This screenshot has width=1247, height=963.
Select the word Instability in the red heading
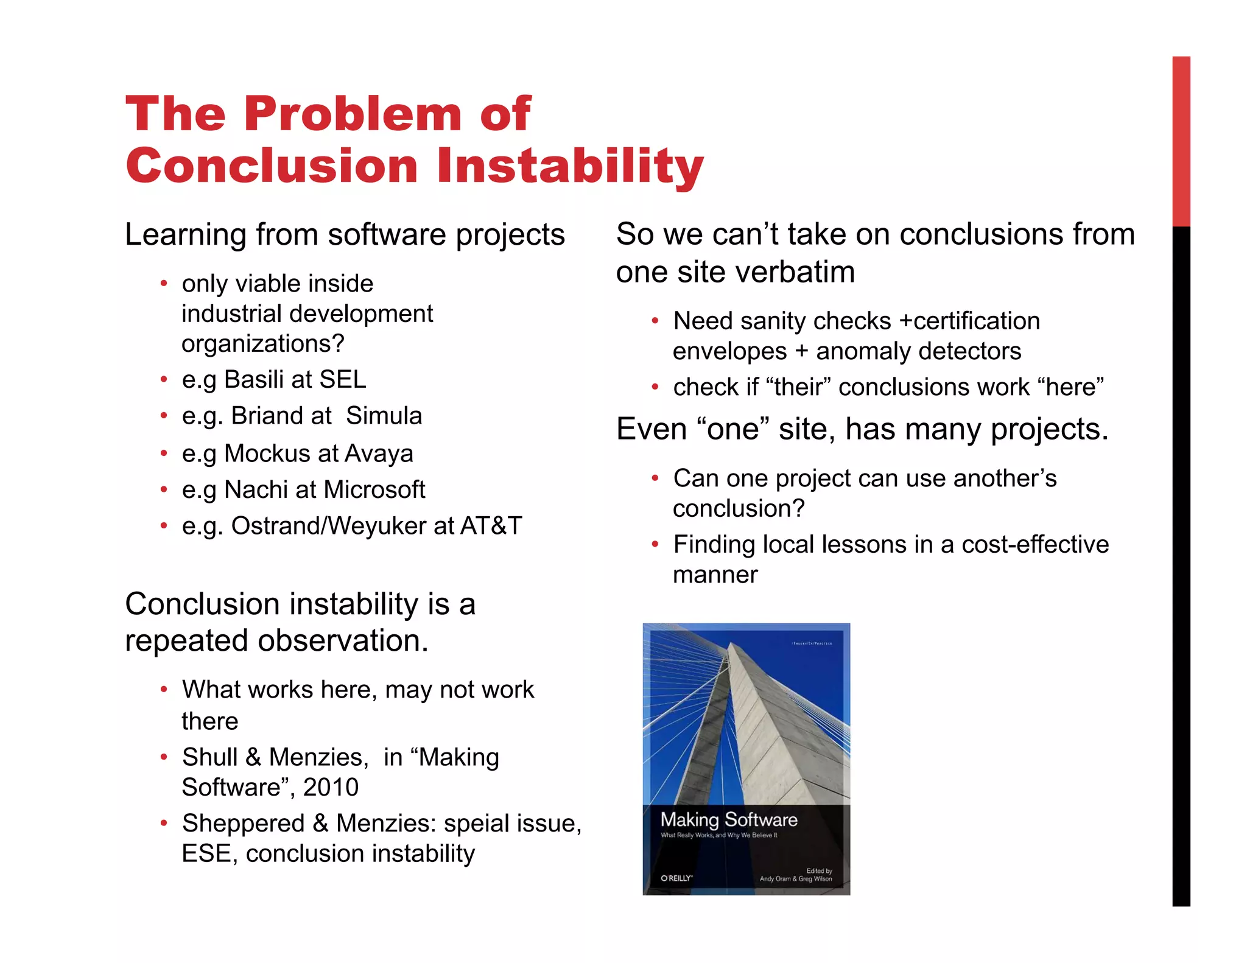point(570,166)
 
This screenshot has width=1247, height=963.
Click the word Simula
point(384,416)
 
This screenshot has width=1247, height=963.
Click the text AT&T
point(491,526)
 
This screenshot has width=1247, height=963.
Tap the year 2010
point(331,787)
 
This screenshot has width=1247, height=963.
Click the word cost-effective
point(1034,545)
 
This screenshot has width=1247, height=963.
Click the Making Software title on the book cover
point(728,820)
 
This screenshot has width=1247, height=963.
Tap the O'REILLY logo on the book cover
point(676,878)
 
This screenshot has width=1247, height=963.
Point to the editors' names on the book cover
point(795,878)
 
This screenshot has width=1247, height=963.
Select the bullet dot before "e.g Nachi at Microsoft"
point(164,489)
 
